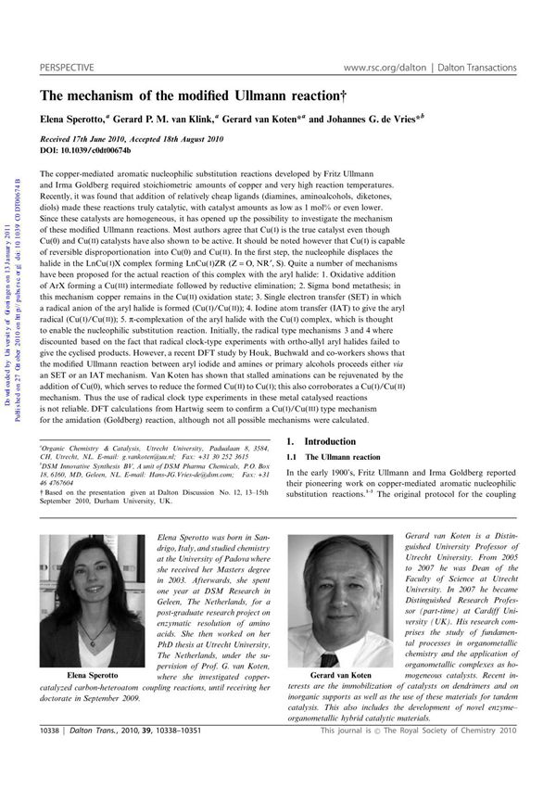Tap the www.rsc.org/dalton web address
(x=383, y=68)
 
